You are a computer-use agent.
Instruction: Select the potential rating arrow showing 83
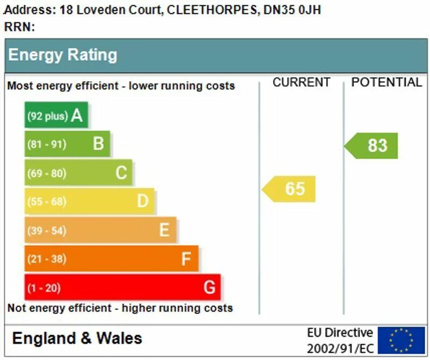(372, 146)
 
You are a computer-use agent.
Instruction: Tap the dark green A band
(56, 115)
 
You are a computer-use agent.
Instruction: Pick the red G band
(122, 287)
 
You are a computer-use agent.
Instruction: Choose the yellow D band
(89, 201)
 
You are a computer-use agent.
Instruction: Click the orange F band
(111, 259)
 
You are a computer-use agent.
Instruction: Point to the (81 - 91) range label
(47, 144)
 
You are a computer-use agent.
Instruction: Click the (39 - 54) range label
(47, 230)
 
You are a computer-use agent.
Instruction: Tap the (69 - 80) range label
(47, 173)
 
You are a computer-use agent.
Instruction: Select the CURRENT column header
(301, 82)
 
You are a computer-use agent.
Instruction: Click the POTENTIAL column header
(386, 82)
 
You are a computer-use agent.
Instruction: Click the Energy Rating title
(62, 55)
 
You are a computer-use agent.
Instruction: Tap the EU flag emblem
(401, 340)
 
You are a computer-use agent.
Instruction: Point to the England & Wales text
(77, 338)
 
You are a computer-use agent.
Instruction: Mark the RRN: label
(19, 27)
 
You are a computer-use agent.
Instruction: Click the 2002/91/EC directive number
(340, 348)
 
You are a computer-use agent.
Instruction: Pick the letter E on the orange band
(164, 230)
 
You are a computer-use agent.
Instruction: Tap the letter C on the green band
(121, 173)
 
